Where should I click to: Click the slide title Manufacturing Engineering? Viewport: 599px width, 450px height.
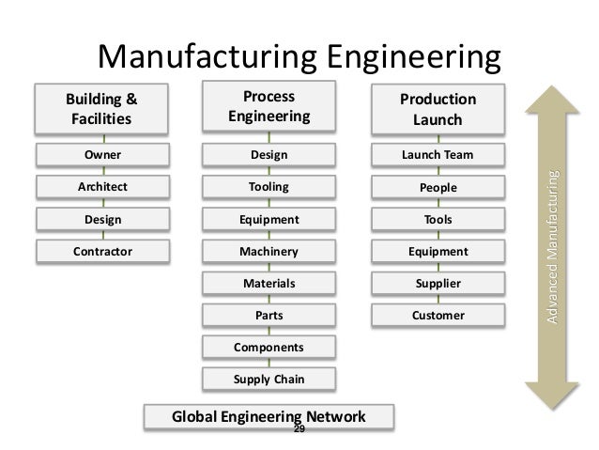pos(299,55)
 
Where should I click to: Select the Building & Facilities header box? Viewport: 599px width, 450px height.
pos(99,109)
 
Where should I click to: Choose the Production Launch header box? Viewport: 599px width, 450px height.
pos(438,111)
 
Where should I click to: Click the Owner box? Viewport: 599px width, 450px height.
pos(99,154)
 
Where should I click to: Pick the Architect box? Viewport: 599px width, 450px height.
pos(99,187)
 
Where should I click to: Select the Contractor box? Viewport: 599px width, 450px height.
pos(99,251)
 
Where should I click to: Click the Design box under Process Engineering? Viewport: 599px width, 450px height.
pos(269,154)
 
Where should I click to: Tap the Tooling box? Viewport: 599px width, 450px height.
pos(269,187)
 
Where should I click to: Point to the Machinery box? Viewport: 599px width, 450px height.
pos(269,251)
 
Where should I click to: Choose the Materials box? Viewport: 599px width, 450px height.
pos(269,283)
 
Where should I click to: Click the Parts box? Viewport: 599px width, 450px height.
pos(269,315)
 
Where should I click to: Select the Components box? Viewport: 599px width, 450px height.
pos(269,347)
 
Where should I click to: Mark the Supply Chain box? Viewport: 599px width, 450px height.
pos(269,379)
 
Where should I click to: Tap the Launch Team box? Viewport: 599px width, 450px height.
pos(438,154)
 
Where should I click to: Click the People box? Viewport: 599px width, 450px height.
pos(438,188)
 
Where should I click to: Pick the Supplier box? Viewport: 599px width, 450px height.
pos(438,283)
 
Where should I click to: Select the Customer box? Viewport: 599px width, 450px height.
pos(438,315)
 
